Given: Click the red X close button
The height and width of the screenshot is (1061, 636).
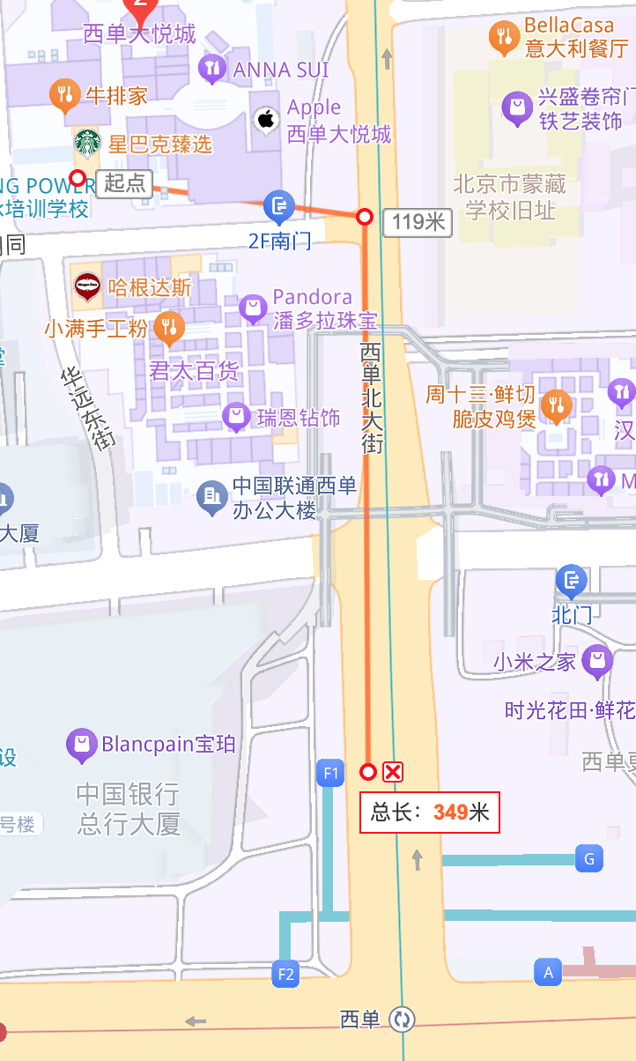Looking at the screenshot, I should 393,772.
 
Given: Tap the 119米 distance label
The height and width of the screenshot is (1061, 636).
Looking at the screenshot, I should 418,221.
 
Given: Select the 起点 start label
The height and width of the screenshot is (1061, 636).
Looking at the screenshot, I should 124,183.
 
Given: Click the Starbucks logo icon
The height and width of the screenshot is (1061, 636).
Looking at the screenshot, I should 87,142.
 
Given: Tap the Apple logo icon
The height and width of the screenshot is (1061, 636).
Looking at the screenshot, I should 266,119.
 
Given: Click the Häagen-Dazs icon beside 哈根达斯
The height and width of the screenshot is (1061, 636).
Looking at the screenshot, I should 86,287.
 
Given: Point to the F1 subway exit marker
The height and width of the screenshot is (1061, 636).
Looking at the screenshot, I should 330,774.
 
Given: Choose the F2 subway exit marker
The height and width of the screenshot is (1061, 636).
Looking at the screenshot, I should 285,974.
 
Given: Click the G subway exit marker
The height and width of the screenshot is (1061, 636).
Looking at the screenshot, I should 589,858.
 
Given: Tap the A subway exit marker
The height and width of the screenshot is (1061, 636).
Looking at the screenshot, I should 548,972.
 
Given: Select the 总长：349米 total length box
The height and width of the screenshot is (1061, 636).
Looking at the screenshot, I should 429,812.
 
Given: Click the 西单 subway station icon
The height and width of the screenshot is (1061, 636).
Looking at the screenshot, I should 403,1020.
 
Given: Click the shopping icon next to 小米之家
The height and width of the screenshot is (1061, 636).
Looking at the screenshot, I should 598,660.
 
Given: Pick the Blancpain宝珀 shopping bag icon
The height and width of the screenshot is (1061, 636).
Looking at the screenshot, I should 81,745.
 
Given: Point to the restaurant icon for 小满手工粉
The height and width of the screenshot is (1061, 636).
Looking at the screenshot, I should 169,328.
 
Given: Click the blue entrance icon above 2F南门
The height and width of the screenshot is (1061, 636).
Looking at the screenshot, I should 279,208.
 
